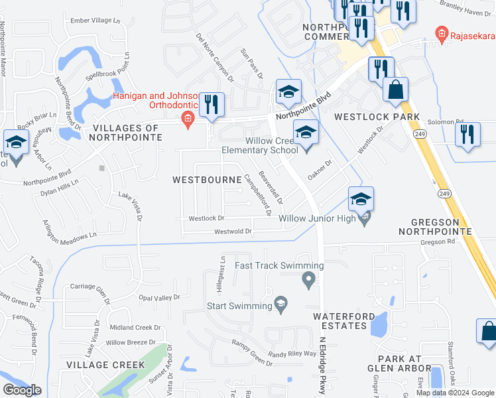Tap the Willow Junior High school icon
(361, 199)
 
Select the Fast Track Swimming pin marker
(308, 281)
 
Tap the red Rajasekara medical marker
(440, 33)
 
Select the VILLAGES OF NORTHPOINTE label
(127, 132)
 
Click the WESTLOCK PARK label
(377, 117)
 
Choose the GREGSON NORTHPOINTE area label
(435, 226)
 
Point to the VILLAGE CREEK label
(110, 365)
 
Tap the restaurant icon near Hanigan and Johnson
(212, 105)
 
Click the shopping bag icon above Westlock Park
(395, 90)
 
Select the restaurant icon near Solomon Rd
(468, 134)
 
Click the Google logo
(22, 390)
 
